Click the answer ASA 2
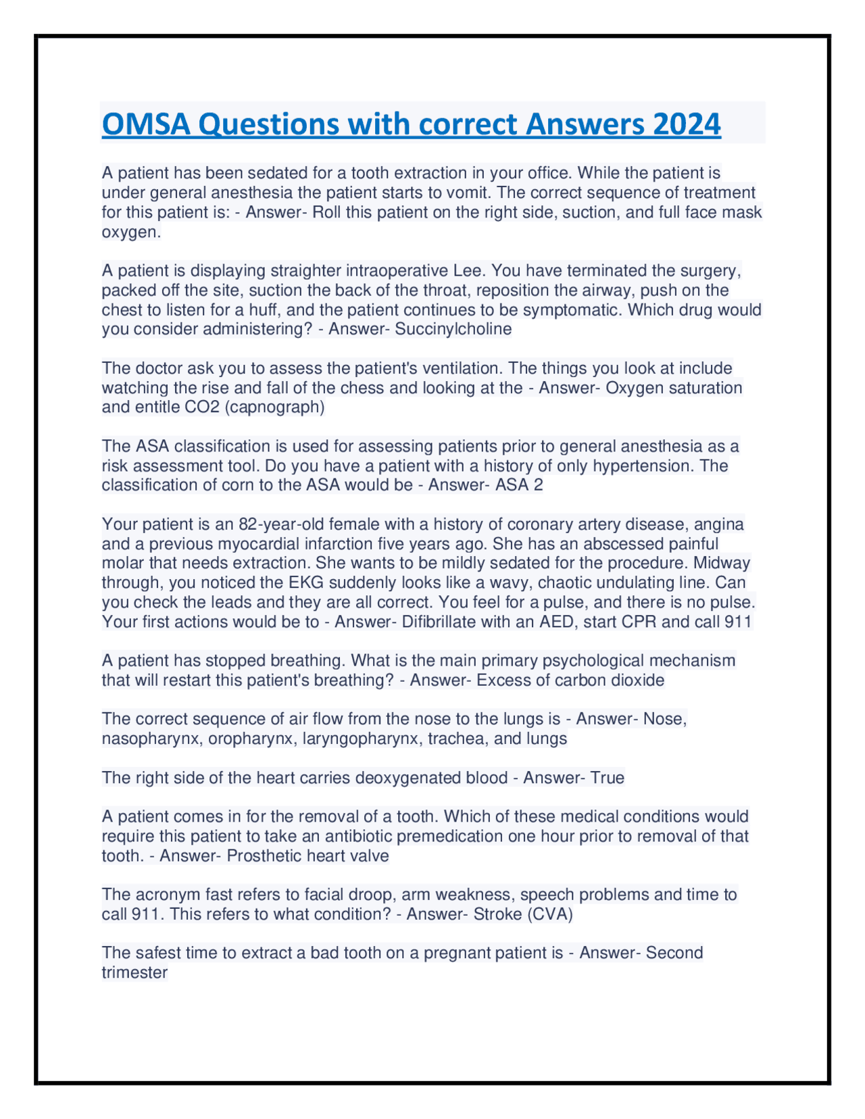pyautogui.click(x=519, y=485)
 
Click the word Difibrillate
pyautogui.click(x=445, y=622)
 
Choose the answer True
pyautogui.click(x=607, y=778)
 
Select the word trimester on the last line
pyautogui.click(x=134, y=973)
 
